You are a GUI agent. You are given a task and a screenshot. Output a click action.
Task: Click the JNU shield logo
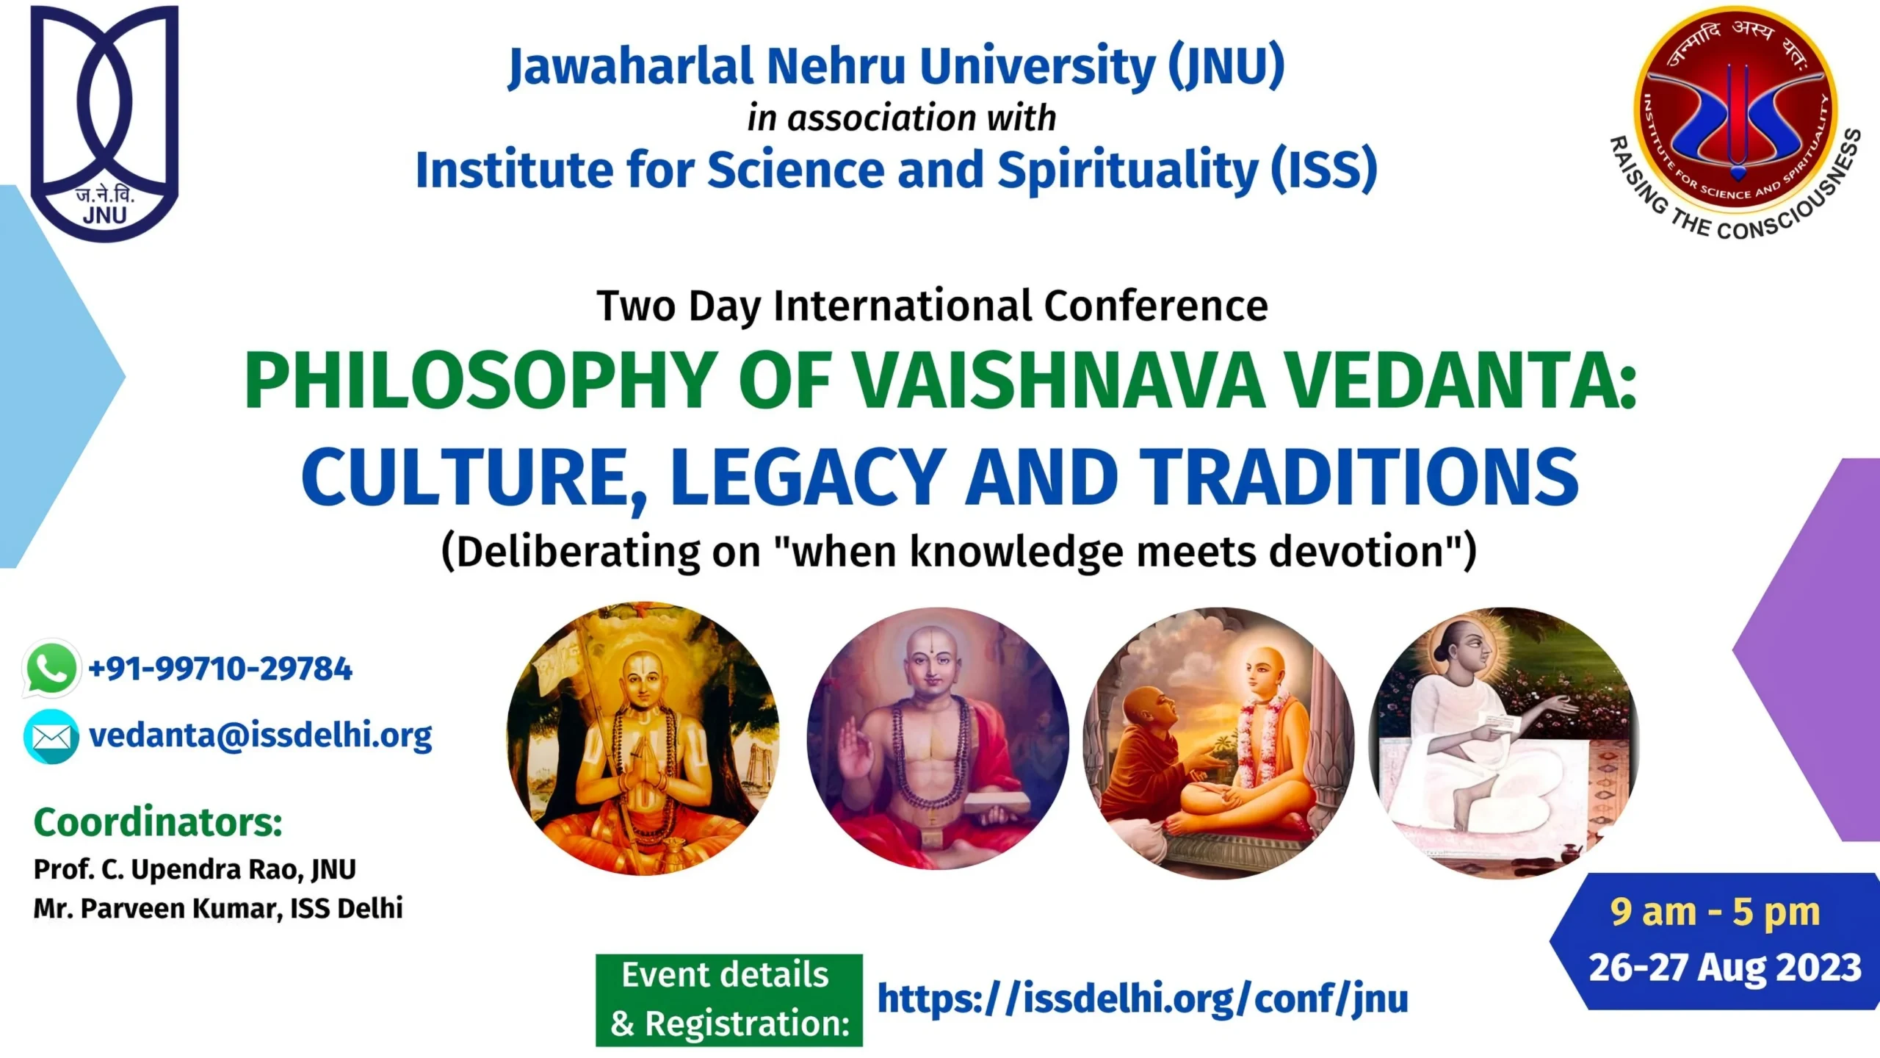click(x=104, y=123)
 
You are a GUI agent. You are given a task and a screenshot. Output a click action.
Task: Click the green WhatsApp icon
click(x=51, y=668)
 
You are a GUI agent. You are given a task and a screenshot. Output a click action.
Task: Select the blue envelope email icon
click(x=51, y=736)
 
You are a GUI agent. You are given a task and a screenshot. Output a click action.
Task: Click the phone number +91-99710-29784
click(x=220, y=669)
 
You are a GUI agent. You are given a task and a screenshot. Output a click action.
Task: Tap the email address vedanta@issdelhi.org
click(x=261, y=736)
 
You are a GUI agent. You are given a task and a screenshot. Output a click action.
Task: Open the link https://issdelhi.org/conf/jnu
click(x=1143, y=999)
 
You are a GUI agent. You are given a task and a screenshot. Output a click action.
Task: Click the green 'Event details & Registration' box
click(x=729, y=1000)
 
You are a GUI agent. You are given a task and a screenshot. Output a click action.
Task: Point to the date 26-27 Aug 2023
click(x=1725, y=968)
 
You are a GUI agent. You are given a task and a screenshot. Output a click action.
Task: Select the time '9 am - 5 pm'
click(x=1715, y=913)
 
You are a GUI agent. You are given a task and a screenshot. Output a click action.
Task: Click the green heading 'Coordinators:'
click(x=158, y=822)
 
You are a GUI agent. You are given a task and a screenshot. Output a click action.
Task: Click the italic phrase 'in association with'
click(x=902, y=118)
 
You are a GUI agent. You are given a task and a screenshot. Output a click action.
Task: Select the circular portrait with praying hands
click(x=643, y=739)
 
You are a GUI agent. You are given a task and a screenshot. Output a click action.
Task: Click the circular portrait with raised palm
click(x=938, y=739)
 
